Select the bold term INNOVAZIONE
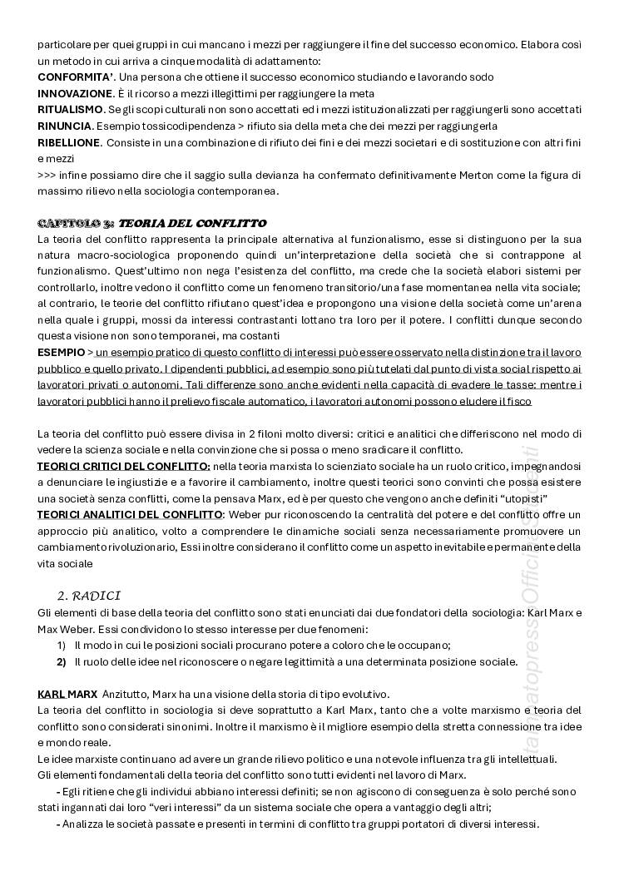(x=74, y=93)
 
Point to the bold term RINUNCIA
(x=64, y=126)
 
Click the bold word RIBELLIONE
(x=69, y=142)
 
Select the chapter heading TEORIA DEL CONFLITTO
(x=192, y=223)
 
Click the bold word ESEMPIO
(x=61, y=353)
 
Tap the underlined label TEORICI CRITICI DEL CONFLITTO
(x=124, y=466)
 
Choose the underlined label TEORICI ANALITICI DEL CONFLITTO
(x=130, y=514)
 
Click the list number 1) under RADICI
(x=62, y=645)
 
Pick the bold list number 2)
(x=62, y=661)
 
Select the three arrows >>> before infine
(x=47, y=175)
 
